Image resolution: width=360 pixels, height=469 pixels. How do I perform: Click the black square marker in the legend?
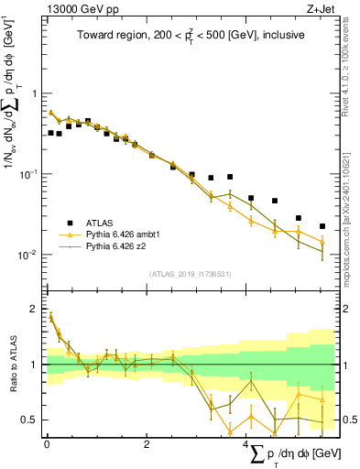tap(67, 223)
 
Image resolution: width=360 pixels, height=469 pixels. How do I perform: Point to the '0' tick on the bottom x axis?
tap(47, 444)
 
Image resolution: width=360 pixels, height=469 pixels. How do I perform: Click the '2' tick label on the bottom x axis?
tap(147, 444)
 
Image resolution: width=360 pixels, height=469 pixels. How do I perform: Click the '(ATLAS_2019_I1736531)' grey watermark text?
tap(191, 274)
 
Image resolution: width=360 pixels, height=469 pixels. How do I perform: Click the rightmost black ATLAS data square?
tap(322, 226)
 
